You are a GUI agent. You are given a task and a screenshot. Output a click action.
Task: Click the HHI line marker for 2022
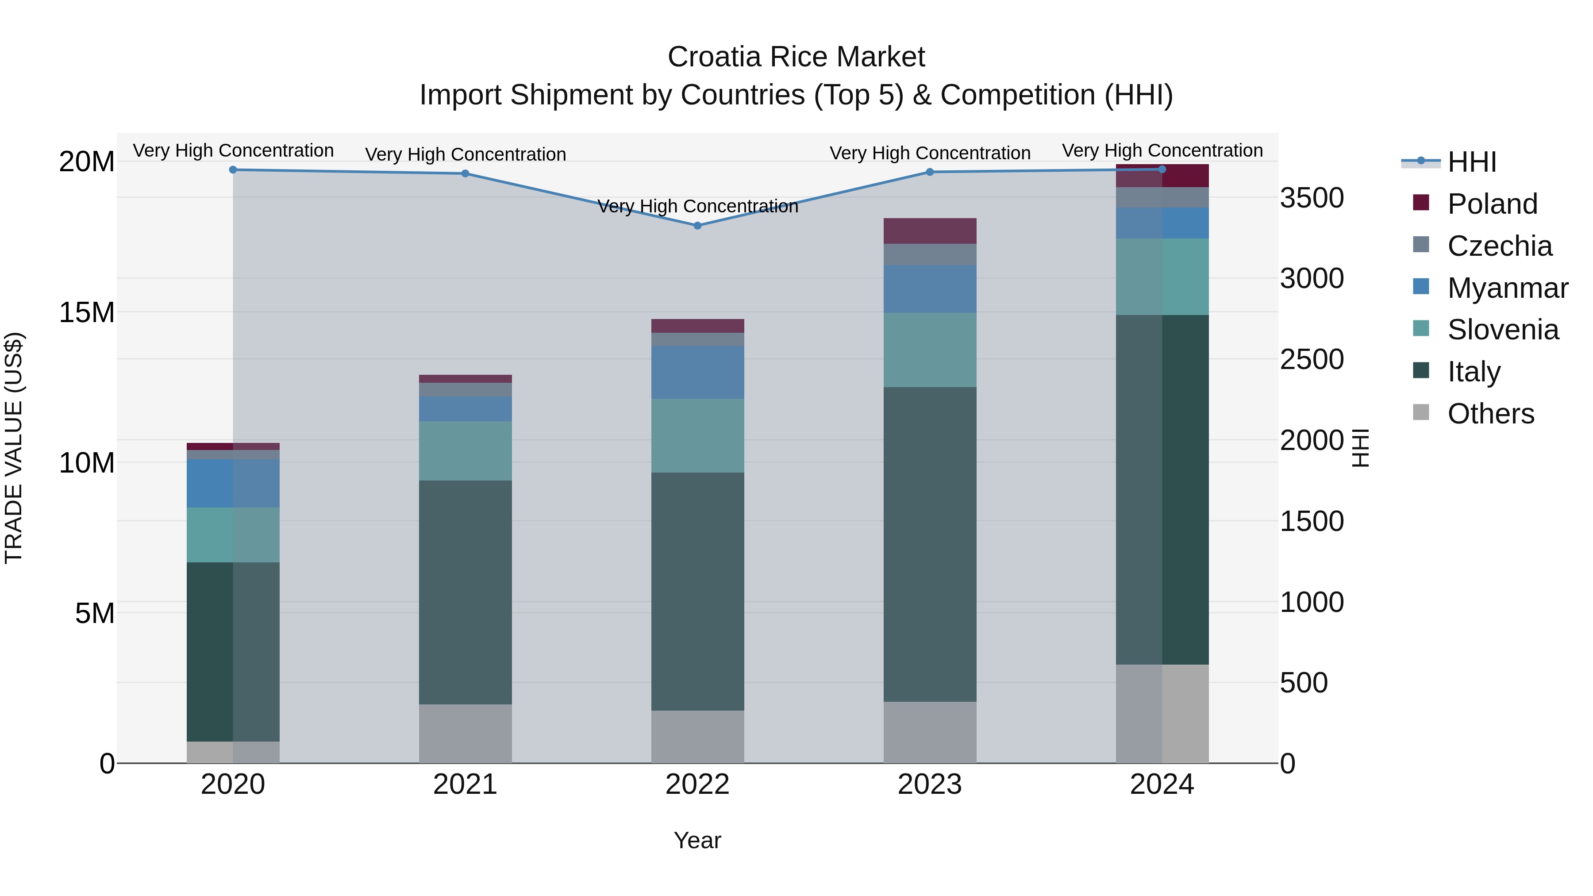697,226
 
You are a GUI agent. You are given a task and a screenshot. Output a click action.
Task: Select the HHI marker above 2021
465,174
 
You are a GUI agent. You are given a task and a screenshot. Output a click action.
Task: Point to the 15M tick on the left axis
87,313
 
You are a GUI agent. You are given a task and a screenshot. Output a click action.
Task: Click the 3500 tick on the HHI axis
1312,199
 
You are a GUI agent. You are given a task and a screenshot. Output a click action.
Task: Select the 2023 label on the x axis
929,784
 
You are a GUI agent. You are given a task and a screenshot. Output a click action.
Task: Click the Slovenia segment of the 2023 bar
929,350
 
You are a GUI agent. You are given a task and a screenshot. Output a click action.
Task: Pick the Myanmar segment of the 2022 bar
697,372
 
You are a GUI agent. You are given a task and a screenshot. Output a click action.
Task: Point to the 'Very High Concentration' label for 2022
697,207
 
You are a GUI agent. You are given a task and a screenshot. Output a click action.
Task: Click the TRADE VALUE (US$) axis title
14,448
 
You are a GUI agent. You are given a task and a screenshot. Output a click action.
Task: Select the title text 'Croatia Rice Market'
796,58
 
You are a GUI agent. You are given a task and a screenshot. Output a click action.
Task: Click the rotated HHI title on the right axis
1361,448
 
